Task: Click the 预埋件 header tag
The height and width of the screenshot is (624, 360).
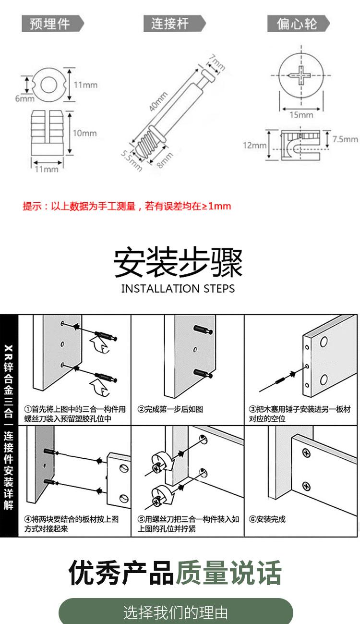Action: click(x=50, y=24)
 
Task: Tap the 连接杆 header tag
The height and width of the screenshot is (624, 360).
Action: click(x=171, y=24)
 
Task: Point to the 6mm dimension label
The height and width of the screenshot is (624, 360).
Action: click(x=24, y=99)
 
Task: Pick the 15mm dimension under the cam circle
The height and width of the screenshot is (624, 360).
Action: click(x=301, y=115)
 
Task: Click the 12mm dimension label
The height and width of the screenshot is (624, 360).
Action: click(x=254, y=146)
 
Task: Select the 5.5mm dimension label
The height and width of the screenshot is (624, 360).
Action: click(x=131, y=159)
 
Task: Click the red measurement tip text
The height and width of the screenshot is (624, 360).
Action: click(x=127, y=207)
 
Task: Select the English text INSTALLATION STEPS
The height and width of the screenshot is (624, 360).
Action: click(x=178, y=289)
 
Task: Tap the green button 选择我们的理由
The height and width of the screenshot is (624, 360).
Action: click(x=176, y=612)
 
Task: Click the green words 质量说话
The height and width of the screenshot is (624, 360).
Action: click(x=228, y=573)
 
